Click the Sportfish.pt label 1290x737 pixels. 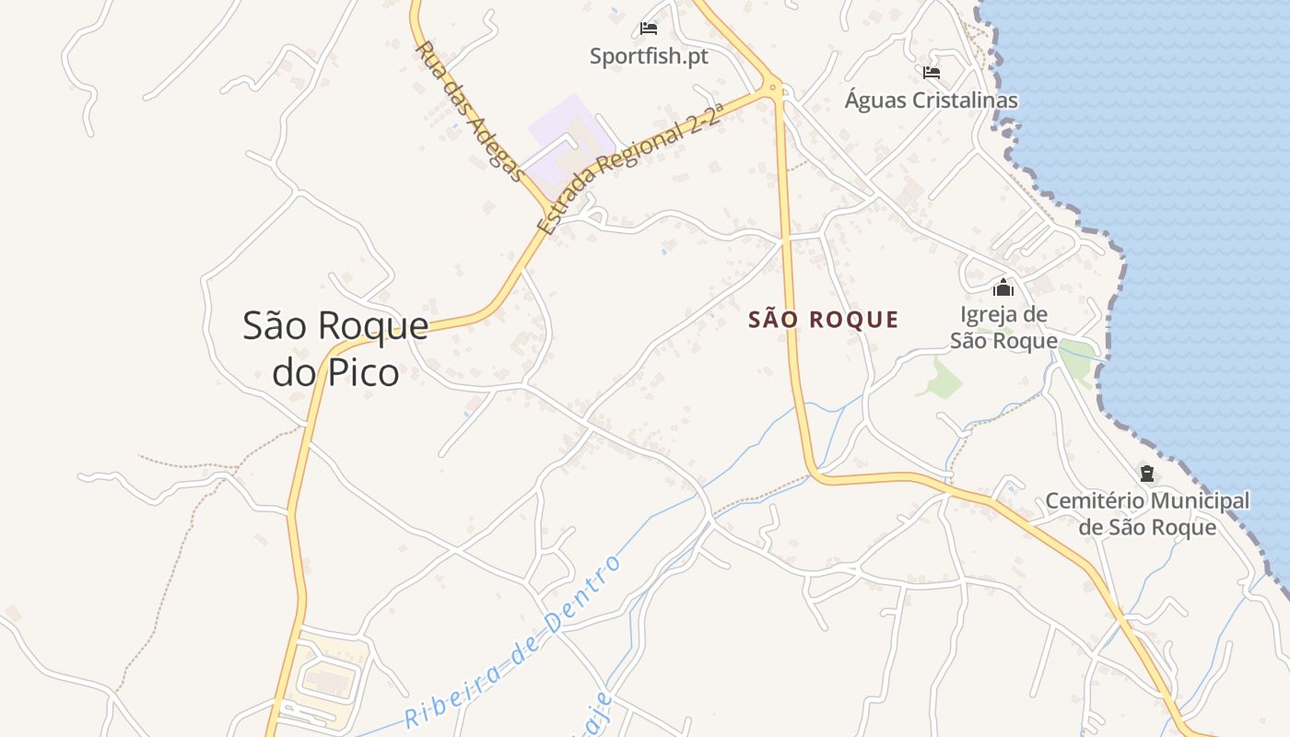pos(649,56)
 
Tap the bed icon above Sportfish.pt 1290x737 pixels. pos(649,29)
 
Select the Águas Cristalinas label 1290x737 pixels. pos(932,100)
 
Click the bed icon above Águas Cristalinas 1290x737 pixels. pos(932,73)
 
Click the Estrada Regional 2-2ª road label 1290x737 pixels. pos(631,167)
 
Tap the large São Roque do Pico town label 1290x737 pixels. pos(335,348)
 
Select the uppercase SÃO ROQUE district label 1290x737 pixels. pos(823,320)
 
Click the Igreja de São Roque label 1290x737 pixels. pos(1003,327)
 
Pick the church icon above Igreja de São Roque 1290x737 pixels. pos(1003,288)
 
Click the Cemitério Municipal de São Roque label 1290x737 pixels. pos(1147,514)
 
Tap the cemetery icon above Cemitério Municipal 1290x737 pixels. pos(1147,474)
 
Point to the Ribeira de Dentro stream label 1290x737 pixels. pos(513,642)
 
